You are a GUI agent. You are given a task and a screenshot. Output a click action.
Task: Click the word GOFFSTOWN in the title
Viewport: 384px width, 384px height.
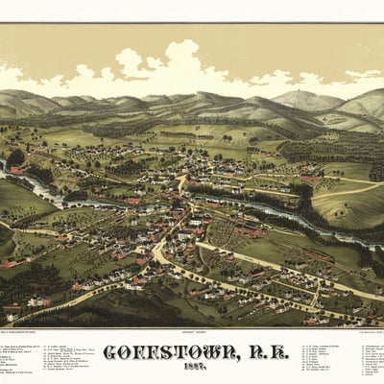pyautogui.click(x=163, y=352)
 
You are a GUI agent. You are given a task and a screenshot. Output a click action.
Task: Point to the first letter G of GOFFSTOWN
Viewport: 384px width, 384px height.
pyautogui.click(x=110, y=352)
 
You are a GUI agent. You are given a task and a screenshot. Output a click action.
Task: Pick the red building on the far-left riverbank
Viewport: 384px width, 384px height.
pyautogui.click(x=15, y=170)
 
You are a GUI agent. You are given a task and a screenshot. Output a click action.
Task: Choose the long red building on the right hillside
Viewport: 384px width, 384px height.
pyautogui.click(x=309, y=179)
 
